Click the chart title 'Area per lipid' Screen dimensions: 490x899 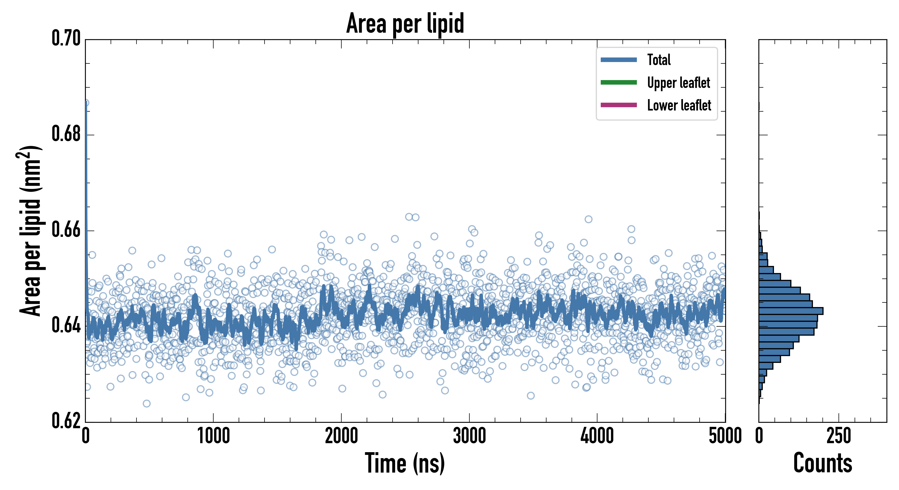[405, 23]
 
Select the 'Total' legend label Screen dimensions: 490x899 [659, 60]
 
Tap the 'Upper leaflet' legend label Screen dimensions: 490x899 [678, 83]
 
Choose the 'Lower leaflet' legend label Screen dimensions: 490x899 [679, 105]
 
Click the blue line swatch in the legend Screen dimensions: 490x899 [618, 60]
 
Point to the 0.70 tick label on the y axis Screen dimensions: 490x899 [66, 38]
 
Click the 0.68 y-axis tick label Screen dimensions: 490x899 [66, 134]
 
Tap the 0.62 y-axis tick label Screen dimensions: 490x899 [66, 421]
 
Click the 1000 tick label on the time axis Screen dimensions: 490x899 [214, 436]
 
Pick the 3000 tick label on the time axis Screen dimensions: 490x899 [469, 436]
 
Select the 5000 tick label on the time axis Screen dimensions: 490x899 [725, 436]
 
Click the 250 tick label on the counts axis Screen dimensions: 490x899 [838, 436]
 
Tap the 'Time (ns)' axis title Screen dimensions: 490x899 [405, 463]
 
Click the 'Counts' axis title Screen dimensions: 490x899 [822, 463]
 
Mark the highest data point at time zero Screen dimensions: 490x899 [86, 103]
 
